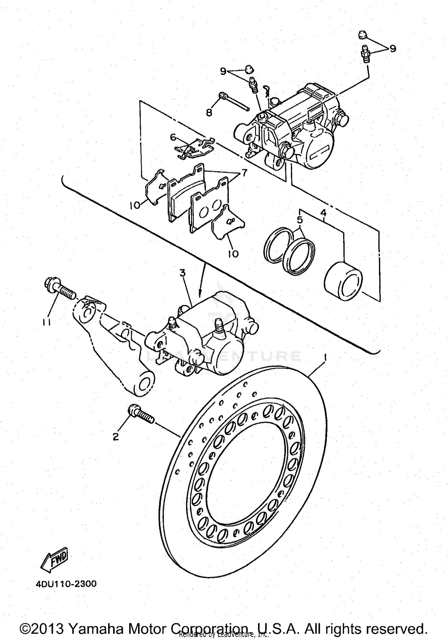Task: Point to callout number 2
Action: [x=116, y=437]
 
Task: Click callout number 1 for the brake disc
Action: [x=325, y=357]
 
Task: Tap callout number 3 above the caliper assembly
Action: [x=182, y=273]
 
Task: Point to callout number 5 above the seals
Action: [x=300, y=220]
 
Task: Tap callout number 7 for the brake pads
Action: [x=244, y=173]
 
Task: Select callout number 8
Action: [x=209, y=112]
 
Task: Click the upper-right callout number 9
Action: [x=393, y=48]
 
